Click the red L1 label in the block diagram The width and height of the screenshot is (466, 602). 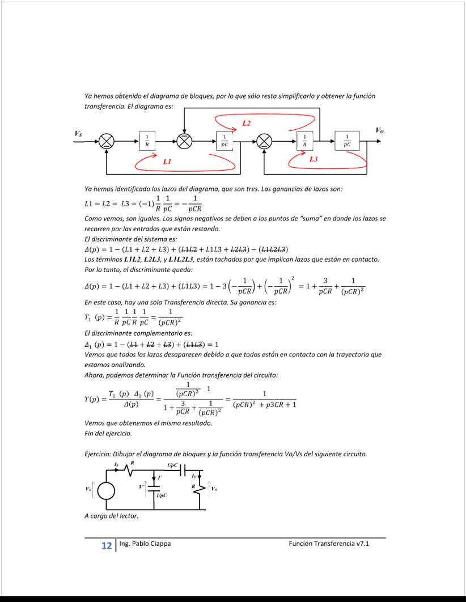(167, 162)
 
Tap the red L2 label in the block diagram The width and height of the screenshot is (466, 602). (247, 123)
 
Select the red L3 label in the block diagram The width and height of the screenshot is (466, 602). (314, 159)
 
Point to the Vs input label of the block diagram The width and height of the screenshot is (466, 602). (78, 133)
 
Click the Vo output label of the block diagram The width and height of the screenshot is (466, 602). (379, 130)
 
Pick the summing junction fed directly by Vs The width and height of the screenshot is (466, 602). (107, 142)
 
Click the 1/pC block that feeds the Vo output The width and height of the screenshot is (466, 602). (347, 141)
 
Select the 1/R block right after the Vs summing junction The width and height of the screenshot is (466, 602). (147, 141)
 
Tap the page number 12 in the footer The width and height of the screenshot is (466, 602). (106, 546)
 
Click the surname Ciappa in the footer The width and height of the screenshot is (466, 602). (159, 544)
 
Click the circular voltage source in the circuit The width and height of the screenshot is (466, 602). (106, 490)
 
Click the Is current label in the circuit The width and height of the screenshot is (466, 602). (117, 464)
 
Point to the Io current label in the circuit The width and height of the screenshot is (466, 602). (194, 476)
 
